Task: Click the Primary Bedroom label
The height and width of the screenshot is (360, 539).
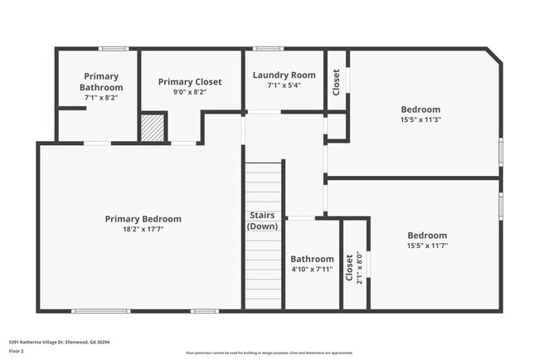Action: click(x=143, y=219)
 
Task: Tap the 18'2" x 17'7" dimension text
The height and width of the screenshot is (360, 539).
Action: click(x=143, y=230)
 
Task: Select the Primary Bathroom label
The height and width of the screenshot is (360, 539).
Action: click(x=101, y=82)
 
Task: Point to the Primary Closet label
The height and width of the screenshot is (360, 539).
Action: click(x=188, y=82)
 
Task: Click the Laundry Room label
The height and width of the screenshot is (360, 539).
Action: click(x=284, y=75)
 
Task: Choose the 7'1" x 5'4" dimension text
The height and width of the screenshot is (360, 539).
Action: click(x=284, y=85)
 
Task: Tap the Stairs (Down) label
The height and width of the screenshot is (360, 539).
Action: click(x=263, y=221)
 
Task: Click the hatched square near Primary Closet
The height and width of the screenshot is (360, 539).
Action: click(x=152, y=128)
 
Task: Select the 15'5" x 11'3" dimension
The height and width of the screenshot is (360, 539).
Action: click(x=420, y=119)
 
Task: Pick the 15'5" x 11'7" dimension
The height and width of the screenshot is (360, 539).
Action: click(x=427, y=246)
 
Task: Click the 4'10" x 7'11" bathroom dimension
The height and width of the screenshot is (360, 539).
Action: click(x=312, y=269)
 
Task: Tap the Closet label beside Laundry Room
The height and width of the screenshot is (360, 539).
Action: click(x=336, y=82)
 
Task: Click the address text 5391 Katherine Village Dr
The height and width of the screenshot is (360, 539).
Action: click(x=59, y=342)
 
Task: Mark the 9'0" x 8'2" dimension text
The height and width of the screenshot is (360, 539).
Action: click(x=188, y=92)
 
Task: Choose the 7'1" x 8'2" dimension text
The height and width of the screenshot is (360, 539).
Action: click(x=101, y=97)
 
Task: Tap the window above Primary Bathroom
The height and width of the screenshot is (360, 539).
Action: click(x=113, y=49)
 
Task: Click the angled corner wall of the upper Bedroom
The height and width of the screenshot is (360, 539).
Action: click(x=494, y=56)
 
